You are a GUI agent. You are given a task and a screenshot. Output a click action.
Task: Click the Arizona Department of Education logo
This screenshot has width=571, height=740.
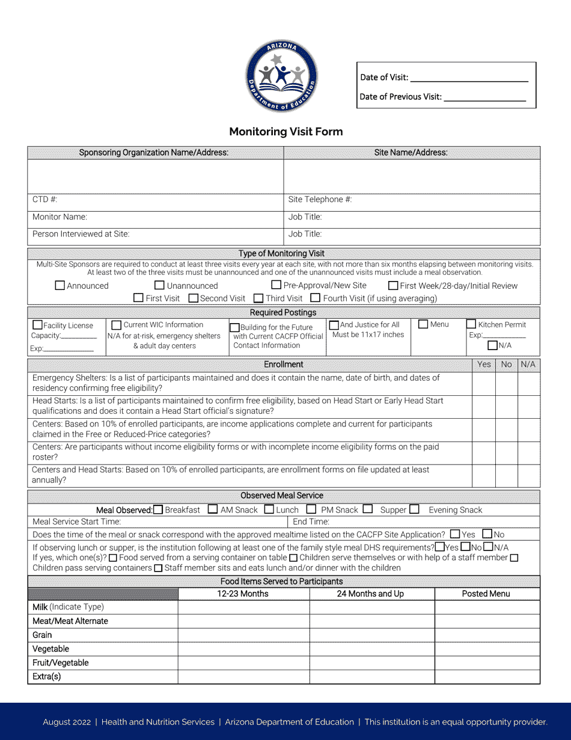point(281,76)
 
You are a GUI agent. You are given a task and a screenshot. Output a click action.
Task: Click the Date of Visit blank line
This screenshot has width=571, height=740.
point(469,78)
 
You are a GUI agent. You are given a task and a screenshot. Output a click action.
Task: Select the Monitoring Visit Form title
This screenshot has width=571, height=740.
point(285,132)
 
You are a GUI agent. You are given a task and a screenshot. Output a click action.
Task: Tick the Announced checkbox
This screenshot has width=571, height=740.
point(60,286)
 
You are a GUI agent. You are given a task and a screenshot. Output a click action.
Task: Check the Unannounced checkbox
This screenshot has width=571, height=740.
point(159,286)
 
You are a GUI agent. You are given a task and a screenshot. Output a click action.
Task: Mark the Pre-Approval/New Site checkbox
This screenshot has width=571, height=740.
point(276,285)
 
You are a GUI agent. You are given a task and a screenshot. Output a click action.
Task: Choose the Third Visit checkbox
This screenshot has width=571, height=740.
point(258,298)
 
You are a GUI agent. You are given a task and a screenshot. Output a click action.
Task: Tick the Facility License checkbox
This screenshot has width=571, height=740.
point(37,325)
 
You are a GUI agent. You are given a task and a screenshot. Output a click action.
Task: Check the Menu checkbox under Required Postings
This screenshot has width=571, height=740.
point(423,324)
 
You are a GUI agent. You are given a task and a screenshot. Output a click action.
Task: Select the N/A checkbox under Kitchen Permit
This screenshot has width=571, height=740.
point(492,345)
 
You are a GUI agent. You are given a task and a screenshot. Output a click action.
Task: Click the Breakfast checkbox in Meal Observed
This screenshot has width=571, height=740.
point(158,510)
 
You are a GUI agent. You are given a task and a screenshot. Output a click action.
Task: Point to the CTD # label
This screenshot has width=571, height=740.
point(44,200)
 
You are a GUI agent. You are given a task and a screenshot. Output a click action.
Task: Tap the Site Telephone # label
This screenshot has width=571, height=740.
point(320,200)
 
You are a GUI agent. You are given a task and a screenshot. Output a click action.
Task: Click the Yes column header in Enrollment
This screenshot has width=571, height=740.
point(484,365)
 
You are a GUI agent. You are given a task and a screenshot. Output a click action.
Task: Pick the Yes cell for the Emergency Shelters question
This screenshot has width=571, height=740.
point(484,383)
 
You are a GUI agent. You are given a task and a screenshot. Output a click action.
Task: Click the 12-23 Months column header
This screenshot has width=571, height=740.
point(243,594)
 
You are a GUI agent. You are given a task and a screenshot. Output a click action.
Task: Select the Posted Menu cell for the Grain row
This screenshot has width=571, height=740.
point(487,635)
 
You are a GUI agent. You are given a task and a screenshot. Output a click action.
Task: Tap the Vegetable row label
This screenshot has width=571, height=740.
point(51,649)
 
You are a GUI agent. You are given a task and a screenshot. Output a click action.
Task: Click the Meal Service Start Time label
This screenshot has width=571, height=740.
point(76,522)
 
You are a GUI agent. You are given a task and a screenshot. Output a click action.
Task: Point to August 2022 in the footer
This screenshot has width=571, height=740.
point(66,722)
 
